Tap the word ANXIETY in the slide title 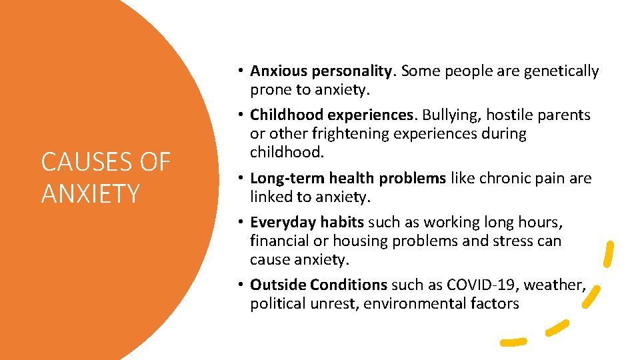(x=91, y=194)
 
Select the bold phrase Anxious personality (x=322, y=71)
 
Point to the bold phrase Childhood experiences (x=333, y=115)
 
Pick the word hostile (x=515, y=115)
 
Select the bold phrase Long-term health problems (x=348, y=179)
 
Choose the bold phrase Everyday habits (x=307, y=223)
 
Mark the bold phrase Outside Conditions (x=319, y=285)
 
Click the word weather (x=554, y=285)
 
